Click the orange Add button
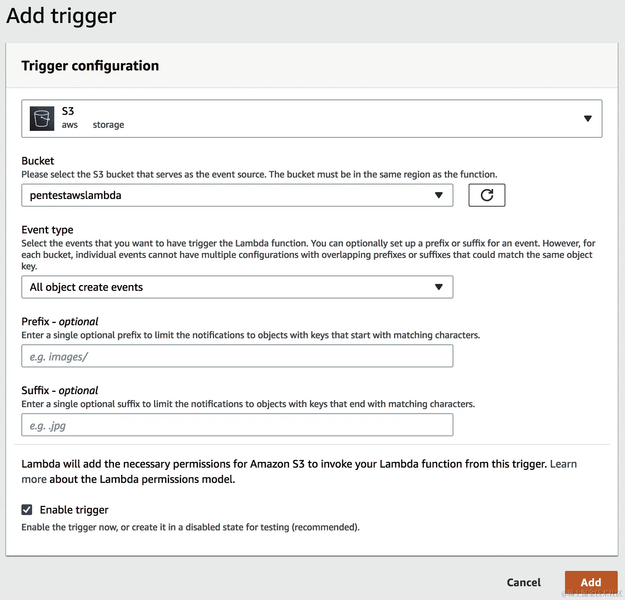tap(591, 582)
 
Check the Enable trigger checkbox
tap(27, 510)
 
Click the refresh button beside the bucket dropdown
tap(487, 195)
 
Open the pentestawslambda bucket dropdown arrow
tap(439, 195)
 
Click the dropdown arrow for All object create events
tap(439, 287)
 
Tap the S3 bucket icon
tap(42, 119)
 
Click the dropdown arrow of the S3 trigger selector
tap(588, 119)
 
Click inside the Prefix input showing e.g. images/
tap(237, 356)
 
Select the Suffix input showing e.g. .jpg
tap(237, 425)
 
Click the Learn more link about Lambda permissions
tap(563, 464)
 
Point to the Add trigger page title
tap(61, 16)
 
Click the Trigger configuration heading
tap(90, 66)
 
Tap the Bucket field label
tap(38, 161)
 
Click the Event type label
tap(47, 230)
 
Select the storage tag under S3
tap(109, 125)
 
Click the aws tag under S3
tap(70, 125)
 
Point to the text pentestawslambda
tap(76, 195)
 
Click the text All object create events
tap(86, 287)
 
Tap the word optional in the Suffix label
tap(78, 391)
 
